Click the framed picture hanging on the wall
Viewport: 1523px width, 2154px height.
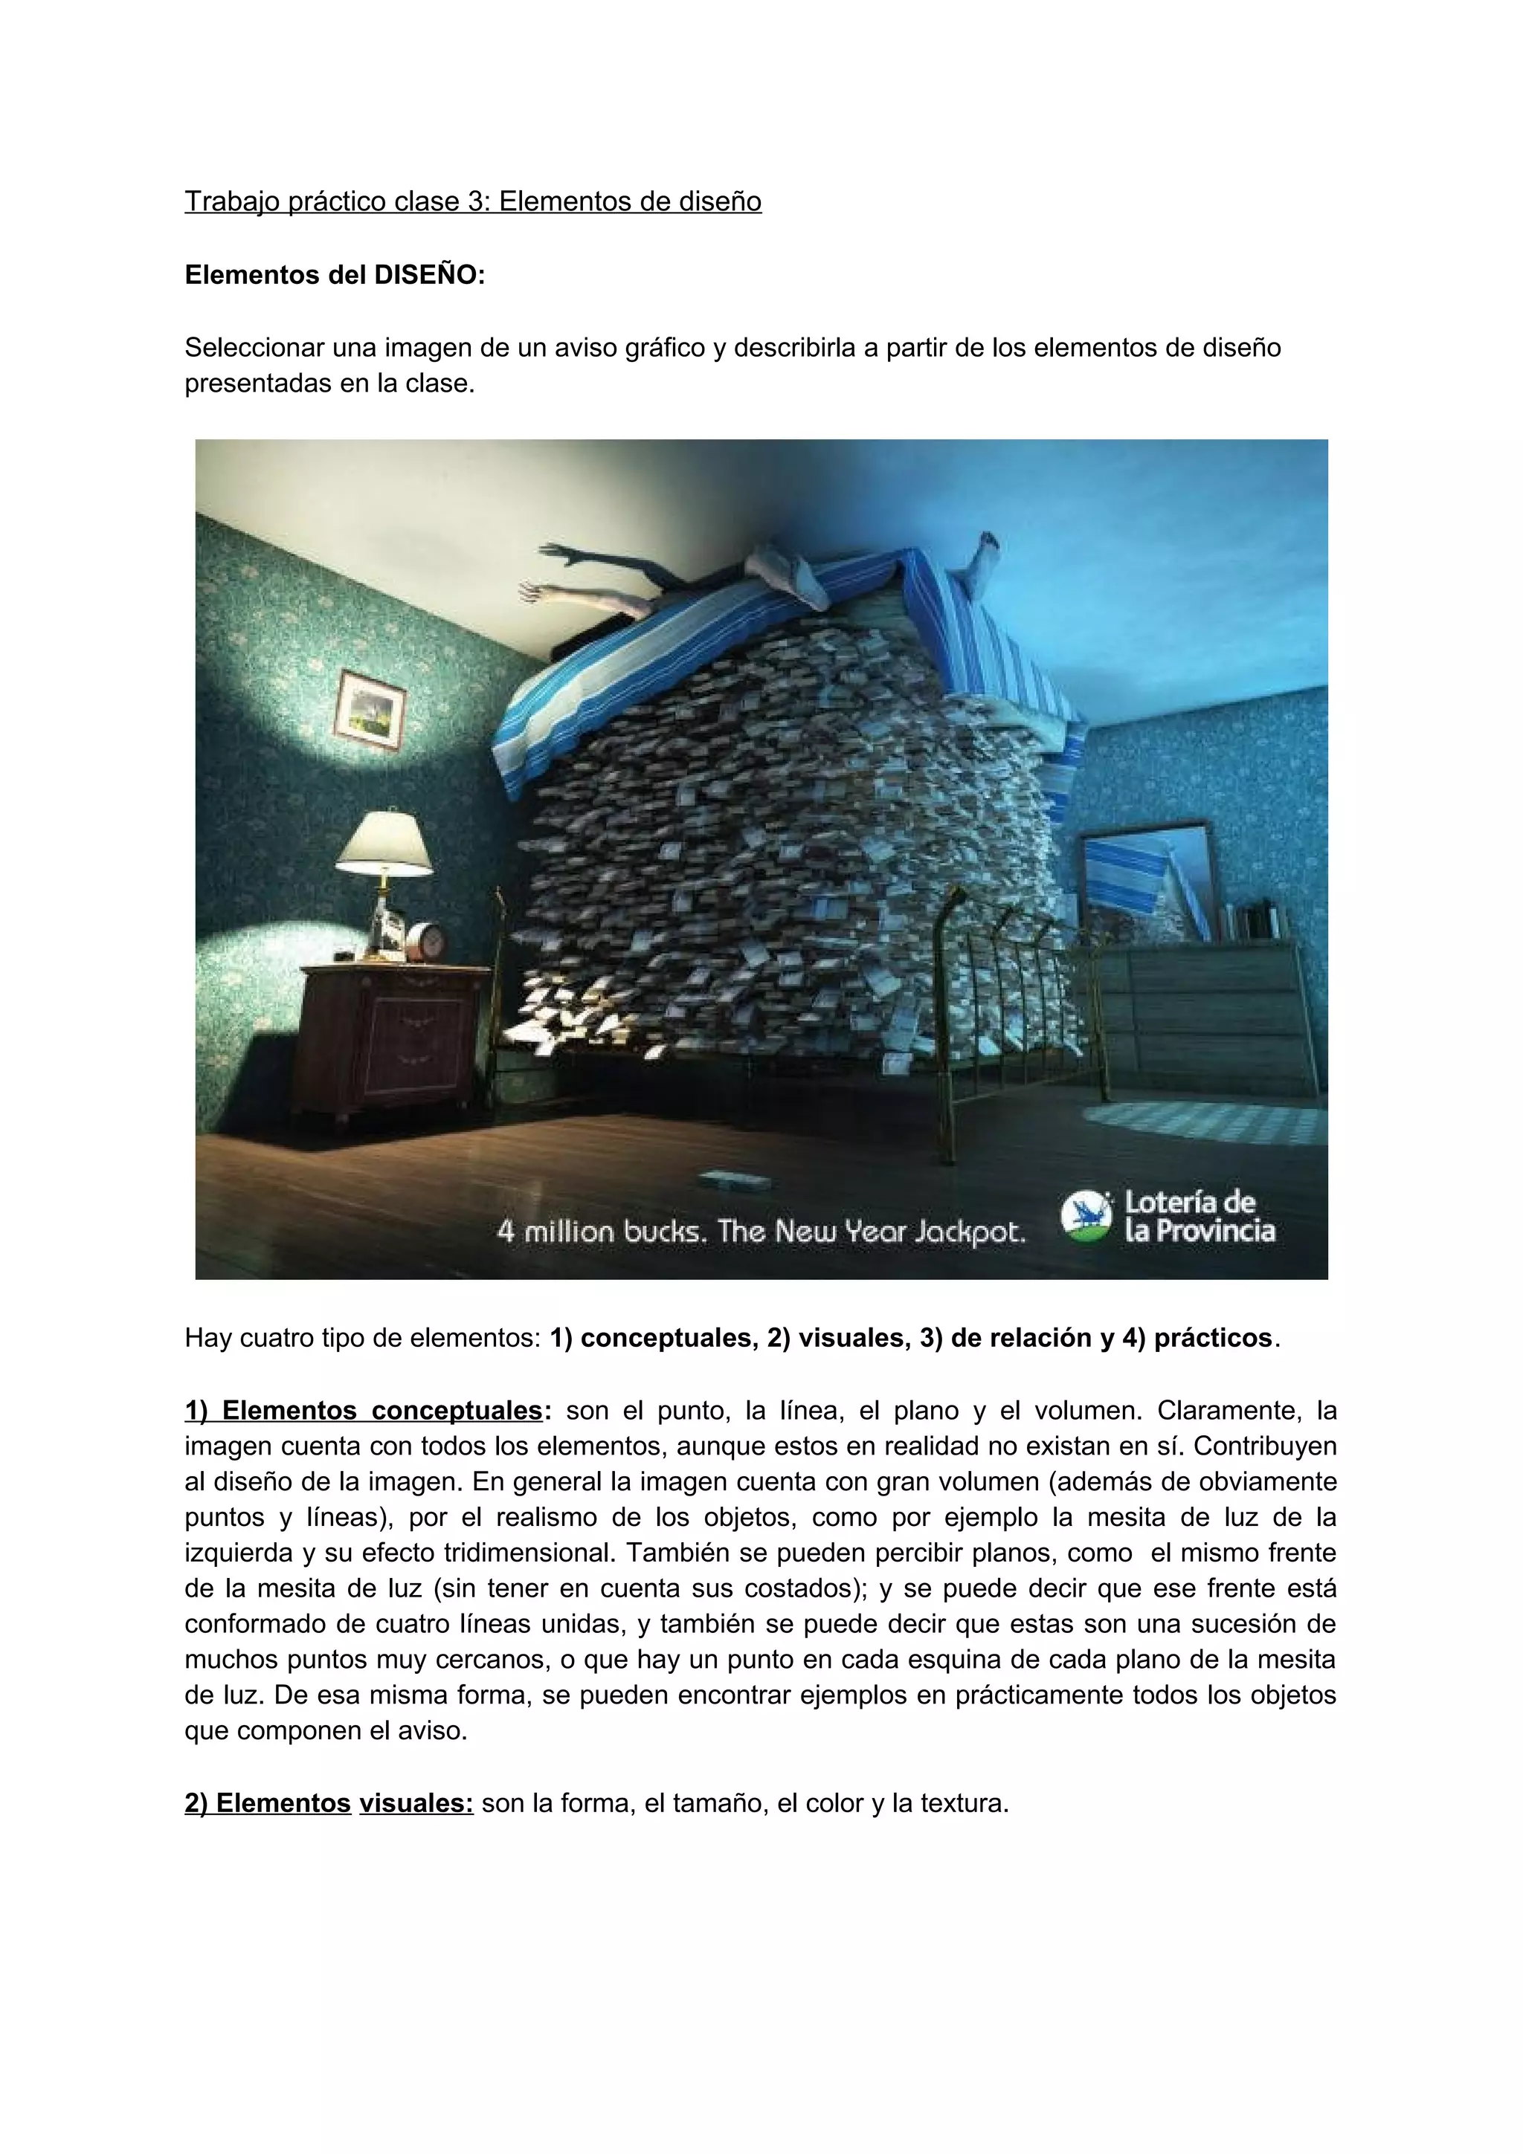370,709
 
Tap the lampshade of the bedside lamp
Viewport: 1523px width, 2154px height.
384,841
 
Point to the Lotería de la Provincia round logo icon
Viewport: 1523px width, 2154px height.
1085,1217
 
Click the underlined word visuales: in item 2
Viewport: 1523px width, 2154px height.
416,1802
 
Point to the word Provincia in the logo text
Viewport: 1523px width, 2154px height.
1214,1231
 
